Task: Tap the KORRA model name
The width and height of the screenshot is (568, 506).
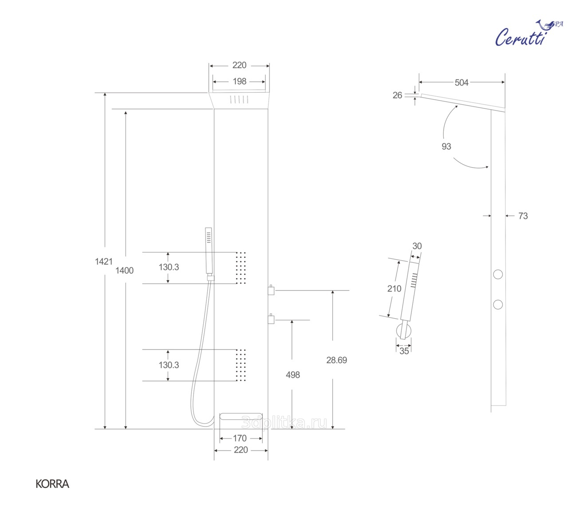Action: click(x=52, y=484)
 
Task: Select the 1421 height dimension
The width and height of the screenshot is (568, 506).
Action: click(x=103, y=261)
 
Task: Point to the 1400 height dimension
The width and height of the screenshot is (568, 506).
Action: click(x=125, y=270)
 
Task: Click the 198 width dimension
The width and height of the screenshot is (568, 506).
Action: click(x=240, y=81)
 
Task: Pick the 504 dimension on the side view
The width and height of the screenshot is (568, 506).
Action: click(x=461, y=83)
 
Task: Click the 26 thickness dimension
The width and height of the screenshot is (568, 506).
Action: click(x=397, y=95)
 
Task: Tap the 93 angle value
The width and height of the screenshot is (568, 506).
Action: click(x=446, y=146)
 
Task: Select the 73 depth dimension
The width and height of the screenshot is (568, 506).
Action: click(x=523, y=216)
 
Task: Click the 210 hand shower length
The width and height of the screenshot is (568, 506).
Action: click(x=394, y=289)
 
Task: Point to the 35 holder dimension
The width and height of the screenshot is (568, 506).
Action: click(x=404, y=351)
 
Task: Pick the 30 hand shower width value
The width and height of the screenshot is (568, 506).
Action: click(x=417, y=246)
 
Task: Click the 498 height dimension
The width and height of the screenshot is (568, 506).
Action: click(x=293, y=375)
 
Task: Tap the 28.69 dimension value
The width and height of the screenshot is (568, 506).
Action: click(x=336, y=360)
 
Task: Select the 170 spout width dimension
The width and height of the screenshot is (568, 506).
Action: click(x=240, y=438)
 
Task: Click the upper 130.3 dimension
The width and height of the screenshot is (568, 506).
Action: click(x=169, y=267)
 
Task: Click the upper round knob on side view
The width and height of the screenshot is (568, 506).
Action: click(x=498, y=274)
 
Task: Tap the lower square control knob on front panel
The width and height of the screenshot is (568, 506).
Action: click(x=271, y=319)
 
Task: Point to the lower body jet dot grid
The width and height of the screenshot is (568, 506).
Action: click(x=241, y=365)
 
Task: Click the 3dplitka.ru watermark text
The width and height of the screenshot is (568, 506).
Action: click(x=284, y=423)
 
